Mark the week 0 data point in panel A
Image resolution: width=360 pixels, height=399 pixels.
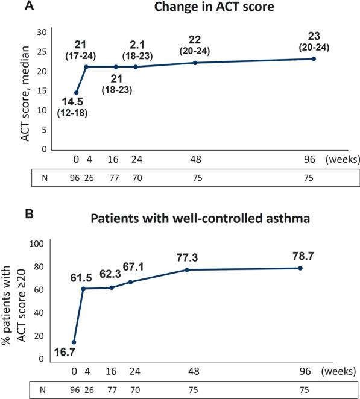coord(76,92)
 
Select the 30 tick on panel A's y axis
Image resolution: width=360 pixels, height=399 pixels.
coord(42,32)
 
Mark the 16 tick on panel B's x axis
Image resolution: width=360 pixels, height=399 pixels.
coord(112,372)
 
